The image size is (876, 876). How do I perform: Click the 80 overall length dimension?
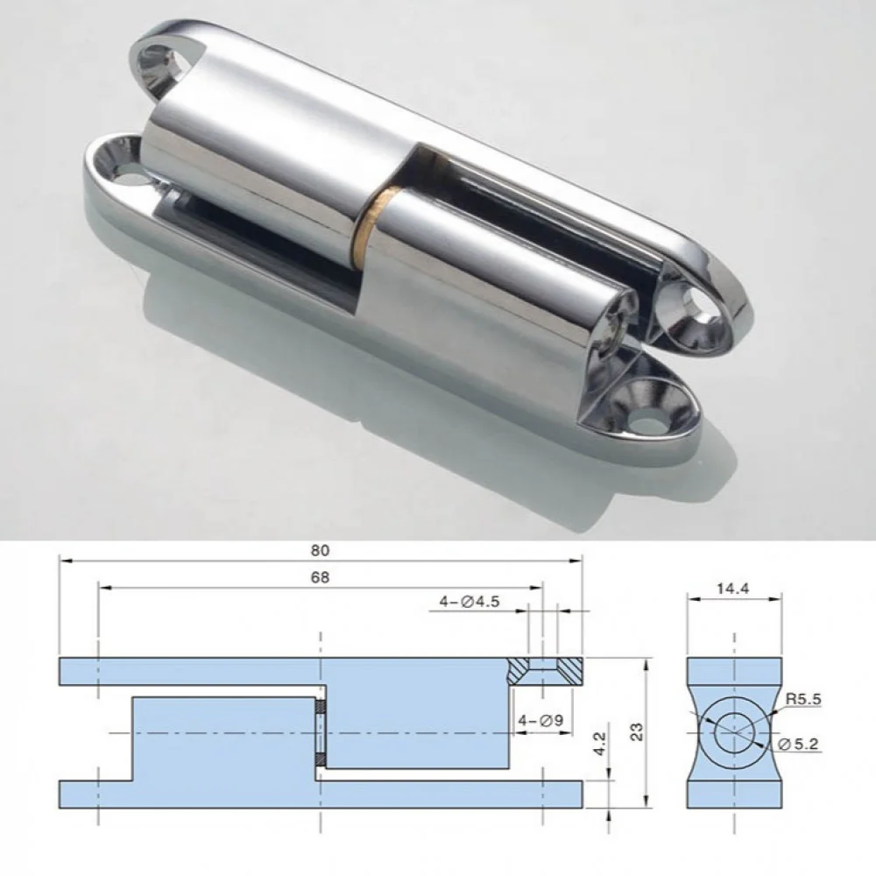[320, 550]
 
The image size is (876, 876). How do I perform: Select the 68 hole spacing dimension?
[320, 577]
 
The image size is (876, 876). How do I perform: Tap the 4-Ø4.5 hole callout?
[470, 602]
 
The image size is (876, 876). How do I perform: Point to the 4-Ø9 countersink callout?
[540, 721]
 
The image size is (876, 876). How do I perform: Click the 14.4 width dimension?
[733, 588]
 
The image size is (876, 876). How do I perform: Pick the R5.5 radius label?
[803, 699]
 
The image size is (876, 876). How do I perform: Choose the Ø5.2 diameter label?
[798, 744]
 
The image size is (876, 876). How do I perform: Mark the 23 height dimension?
[636, 731]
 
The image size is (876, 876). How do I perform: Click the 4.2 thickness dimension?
[599, 744]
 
